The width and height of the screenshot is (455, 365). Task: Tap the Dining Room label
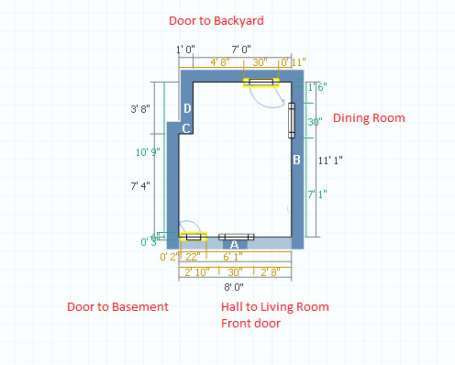(368, 118)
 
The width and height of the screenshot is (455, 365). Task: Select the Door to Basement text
(118, 306)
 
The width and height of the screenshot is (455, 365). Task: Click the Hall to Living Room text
(274, 306)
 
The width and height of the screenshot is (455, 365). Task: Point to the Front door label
(250, 323)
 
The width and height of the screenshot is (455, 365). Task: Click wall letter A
(234, 245)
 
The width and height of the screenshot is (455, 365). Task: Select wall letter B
(296, 160)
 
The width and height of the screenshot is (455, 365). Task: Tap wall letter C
(185, 128)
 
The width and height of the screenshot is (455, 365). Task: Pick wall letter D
(186, 109)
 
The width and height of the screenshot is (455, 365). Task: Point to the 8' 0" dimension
(235, 287)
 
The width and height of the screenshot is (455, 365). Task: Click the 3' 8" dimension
(140, 108)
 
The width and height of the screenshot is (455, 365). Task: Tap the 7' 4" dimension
(140, 185)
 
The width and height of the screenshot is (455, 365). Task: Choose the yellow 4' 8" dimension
(219, 62)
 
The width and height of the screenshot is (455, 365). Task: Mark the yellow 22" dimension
(192, 258)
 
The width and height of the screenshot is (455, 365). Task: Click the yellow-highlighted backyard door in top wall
(261, 82)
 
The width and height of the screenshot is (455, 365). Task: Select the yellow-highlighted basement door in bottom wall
(193, 238)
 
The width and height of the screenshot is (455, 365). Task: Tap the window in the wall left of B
(292, 120)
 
